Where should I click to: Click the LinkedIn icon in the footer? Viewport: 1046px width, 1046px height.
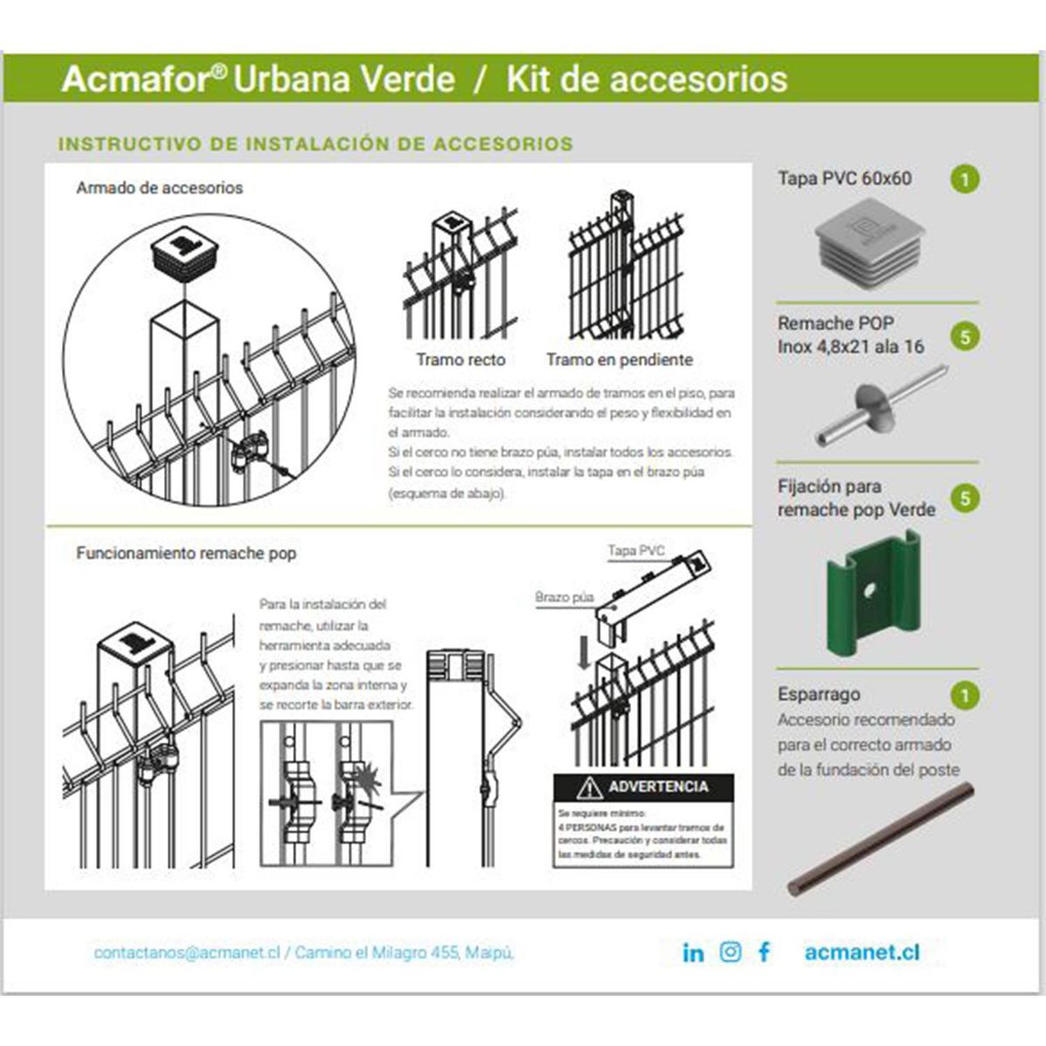[693, 953]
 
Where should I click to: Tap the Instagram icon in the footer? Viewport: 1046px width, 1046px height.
[730, 952]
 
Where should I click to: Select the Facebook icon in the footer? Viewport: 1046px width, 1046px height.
[764, 952]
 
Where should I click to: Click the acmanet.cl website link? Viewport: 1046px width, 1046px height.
[861, 953]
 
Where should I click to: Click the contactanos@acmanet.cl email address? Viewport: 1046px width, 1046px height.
[187, 953]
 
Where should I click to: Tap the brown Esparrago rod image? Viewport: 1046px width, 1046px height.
[881, 839]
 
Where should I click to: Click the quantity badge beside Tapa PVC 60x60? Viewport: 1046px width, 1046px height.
[965, 180]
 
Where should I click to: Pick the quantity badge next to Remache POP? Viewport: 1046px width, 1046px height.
[965, 336]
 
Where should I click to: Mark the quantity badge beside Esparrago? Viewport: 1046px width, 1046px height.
[965, 696]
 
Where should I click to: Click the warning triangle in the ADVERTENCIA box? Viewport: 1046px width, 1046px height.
[590, 788]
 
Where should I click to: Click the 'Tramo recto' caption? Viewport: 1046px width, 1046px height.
[460, 359]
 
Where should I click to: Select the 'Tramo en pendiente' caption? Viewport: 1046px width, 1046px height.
[619, 359]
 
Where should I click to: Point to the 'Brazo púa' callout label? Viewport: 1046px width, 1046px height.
[564, 598]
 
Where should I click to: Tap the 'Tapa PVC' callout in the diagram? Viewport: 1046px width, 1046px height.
[635, 551]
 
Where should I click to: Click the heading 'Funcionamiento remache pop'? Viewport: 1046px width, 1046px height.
[186, 554]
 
